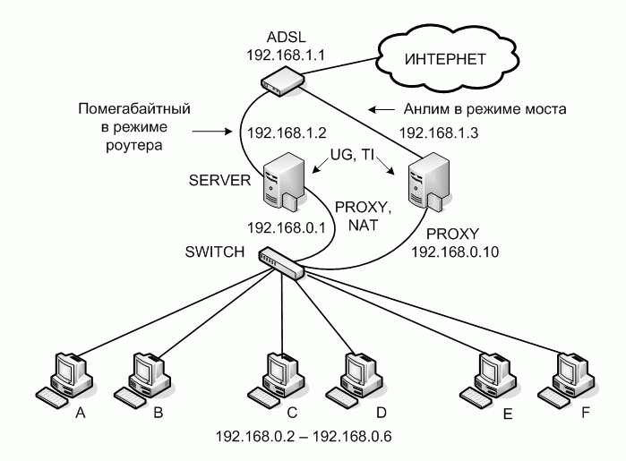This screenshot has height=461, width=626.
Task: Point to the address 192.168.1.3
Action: (x=437, y=131)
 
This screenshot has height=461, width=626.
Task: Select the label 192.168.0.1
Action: (x=285, y=230)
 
